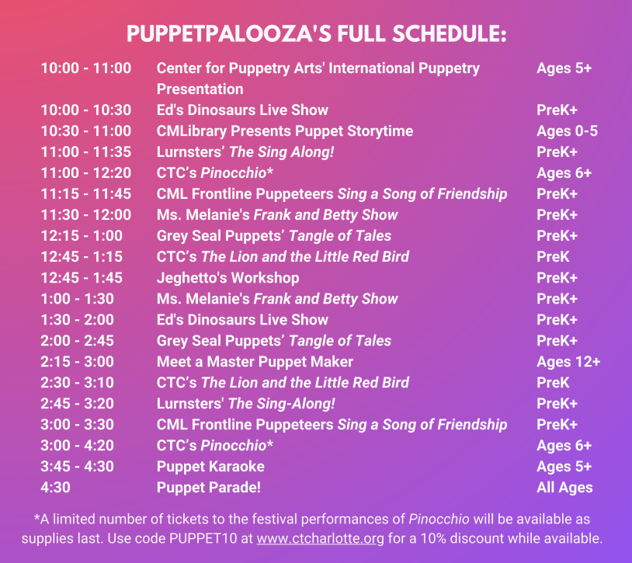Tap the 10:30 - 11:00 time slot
coord(86,131)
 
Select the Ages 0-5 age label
coord(567,131)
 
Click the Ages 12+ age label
coord(568,362)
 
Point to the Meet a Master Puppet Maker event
coord(255,362)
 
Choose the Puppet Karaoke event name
coord(210,466)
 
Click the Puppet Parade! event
coord(208,487)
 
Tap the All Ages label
coord(564,488)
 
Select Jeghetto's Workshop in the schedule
coord(227,278)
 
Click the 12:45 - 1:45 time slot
coord(82,278)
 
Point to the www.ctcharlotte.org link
coord(320,538)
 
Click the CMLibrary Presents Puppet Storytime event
coord(285,131)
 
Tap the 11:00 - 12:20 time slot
coord(86,173)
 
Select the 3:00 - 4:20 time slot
coord(77,445)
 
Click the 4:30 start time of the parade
coord(56,487)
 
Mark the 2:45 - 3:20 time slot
coord(77,403)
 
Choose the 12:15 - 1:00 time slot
coord(82,236)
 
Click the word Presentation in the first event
coord(200,89)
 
